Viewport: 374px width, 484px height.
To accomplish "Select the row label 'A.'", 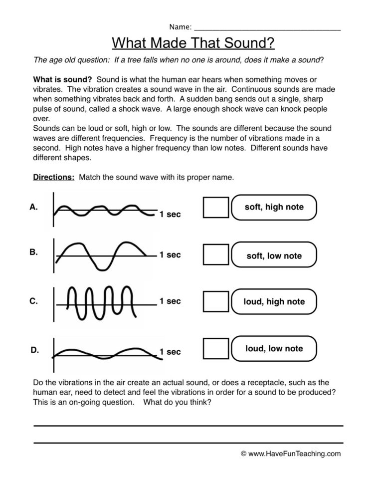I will click(34, 207).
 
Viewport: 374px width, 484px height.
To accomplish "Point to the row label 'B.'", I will click(34, 252).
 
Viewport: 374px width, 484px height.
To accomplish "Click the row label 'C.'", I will click(34, 301).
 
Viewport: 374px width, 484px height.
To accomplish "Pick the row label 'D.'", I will click(34, 350).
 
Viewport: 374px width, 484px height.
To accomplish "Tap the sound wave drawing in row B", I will click(102, 254).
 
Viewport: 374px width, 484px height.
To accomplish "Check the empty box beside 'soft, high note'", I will click(216, 208).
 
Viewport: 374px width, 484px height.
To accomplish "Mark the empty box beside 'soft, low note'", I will click(216, 255).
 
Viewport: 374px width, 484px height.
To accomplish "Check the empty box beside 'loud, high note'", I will click(216, 302).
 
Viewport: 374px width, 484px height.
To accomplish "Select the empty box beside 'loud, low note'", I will click(216, 348).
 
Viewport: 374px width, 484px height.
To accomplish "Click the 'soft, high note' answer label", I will click(274, 207).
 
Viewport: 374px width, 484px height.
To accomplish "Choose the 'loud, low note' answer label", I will click(274, 348).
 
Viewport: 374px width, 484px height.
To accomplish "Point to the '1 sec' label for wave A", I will click(170, 215).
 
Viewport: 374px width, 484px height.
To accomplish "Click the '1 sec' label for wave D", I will click(170, 352).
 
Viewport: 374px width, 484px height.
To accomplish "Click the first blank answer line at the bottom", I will click(188, 426).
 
